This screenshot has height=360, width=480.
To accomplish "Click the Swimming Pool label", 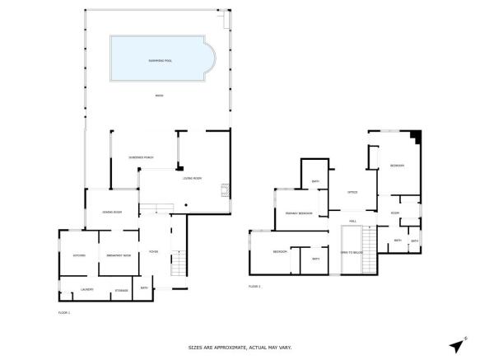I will tap(159, 61).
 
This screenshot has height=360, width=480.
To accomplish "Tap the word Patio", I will tap(159, 96).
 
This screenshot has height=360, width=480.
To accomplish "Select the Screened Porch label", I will tap(142, 157).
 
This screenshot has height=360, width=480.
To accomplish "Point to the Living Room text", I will tap(192, 178).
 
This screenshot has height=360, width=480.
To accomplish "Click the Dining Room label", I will tap(113, 212).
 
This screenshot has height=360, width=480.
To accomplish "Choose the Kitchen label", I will tap(79, 255).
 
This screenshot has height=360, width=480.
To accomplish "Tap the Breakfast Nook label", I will tap(119, 255).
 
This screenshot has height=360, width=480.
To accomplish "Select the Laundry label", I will tap(86, 289).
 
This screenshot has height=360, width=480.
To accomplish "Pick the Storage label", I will tap(121, 289).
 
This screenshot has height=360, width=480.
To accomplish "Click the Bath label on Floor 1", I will tap(144, 288).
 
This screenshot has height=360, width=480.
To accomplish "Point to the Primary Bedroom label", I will tap(298, 213).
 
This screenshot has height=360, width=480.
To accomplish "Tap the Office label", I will tap(352, 192).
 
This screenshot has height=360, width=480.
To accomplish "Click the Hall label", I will tap(352, 221).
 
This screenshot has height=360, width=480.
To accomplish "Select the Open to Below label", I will tap(352, 252).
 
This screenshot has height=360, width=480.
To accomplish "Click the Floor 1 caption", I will tap(64, 313).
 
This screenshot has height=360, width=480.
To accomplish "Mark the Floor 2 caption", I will tap(254, 286).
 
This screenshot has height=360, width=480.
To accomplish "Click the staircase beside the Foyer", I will tap(176, 264).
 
